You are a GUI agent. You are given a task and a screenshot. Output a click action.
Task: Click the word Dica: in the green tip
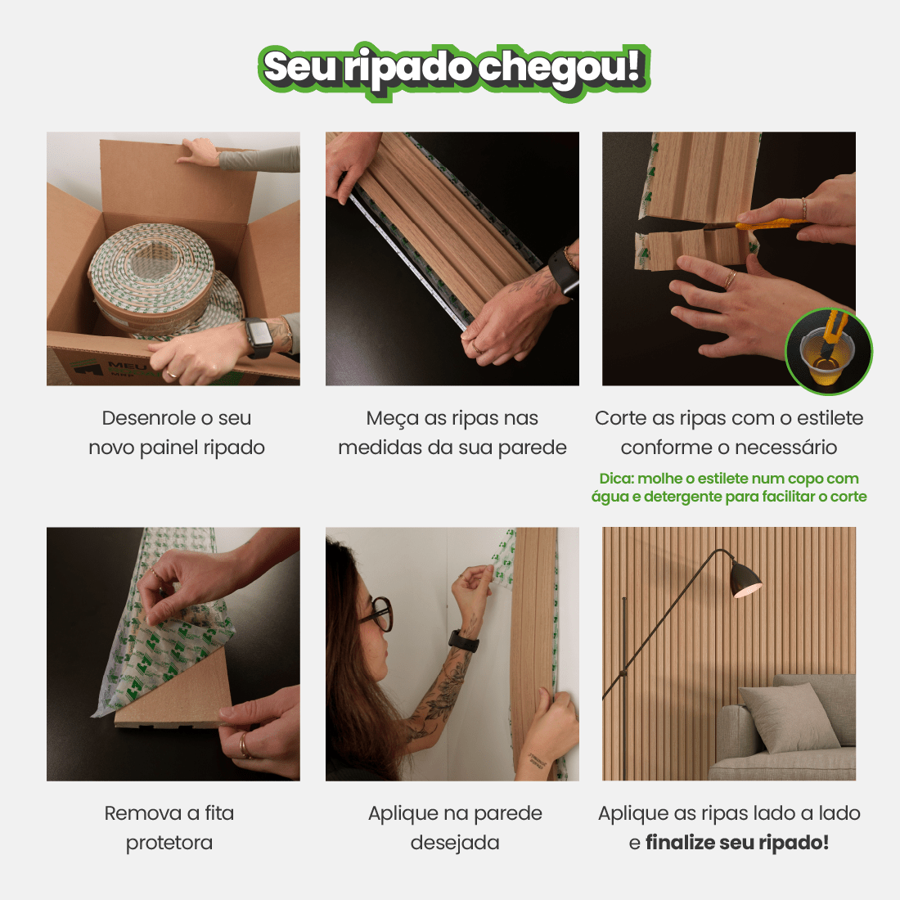pyautogui.click(x=616, y=479)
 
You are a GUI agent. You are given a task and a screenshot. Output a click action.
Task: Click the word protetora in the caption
pyautogui.click(x=169, y=843)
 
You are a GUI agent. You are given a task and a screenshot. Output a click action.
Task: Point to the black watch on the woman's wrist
pyautogui.click(x=463, y=641)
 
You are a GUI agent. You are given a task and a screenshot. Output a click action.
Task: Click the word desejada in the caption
pyautogui.click(x=455, y=843)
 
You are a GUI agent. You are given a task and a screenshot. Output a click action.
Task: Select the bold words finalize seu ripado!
pyautogui.click(x=737, y=843)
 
